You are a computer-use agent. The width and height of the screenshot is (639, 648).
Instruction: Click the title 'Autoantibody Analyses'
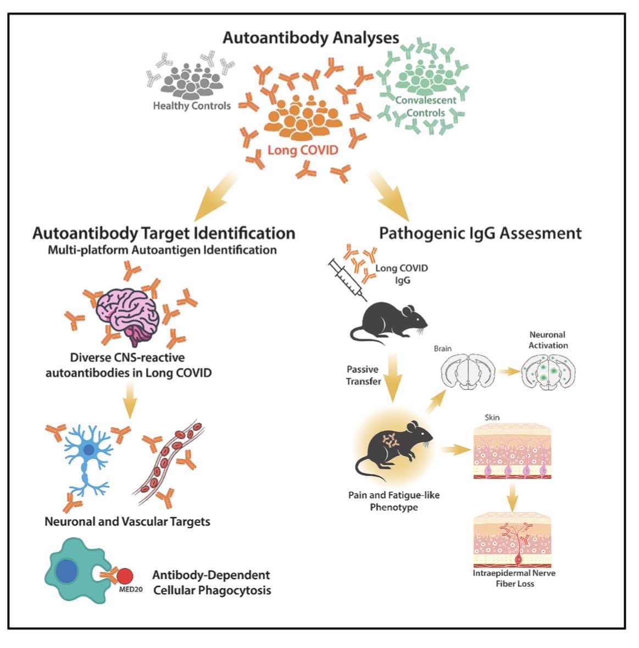pyautogui.click(x=310, y=38)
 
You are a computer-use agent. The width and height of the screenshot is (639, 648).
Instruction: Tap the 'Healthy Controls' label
pyautogui.click(x=192, y=106)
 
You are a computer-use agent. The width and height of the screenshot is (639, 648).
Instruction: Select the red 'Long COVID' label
pyautogui.click(x=303, y=150)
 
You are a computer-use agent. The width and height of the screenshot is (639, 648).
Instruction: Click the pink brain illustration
pyautogui.click(x=127, y=315)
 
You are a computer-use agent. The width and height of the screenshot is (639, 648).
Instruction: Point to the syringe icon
pyautogui.click(x=347, y=279)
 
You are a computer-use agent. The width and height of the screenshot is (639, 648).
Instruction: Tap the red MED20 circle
pyautogui.click(x=125, y=576)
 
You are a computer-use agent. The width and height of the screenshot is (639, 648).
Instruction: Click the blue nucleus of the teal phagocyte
pyautogui.click(x=67, y=572)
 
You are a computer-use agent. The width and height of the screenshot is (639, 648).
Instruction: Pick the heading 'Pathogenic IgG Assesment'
pyautogui.click(x=480, y=234)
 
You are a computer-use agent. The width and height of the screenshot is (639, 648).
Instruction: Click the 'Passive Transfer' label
pyautogui.click(x=363, y=375)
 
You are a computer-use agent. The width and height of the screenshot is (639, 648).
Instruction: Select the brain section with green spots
pyautogui.click(x=548, y=372)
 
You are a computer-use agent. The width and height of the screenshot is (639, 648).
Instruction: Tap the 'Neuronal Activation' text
pyautogui.click(x=548, y=340)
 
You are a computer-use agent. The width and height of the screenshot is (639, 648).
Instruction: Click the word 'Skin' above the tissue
pyautogui.click(x=492, y=417)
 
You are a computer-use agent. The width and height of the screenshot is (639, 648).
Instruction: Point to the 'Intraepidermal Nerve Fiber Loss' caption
pyautogui.click(x=514, y=578)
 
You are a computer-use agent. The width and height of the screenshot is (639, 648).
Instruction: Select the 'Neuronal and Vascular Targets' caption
pyautogui.click(x=127, y=522)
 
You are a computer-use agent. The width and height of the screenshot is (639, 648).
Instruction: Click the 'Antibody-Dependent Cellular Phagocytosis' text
pyautogui.click(x=212, y=582)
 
